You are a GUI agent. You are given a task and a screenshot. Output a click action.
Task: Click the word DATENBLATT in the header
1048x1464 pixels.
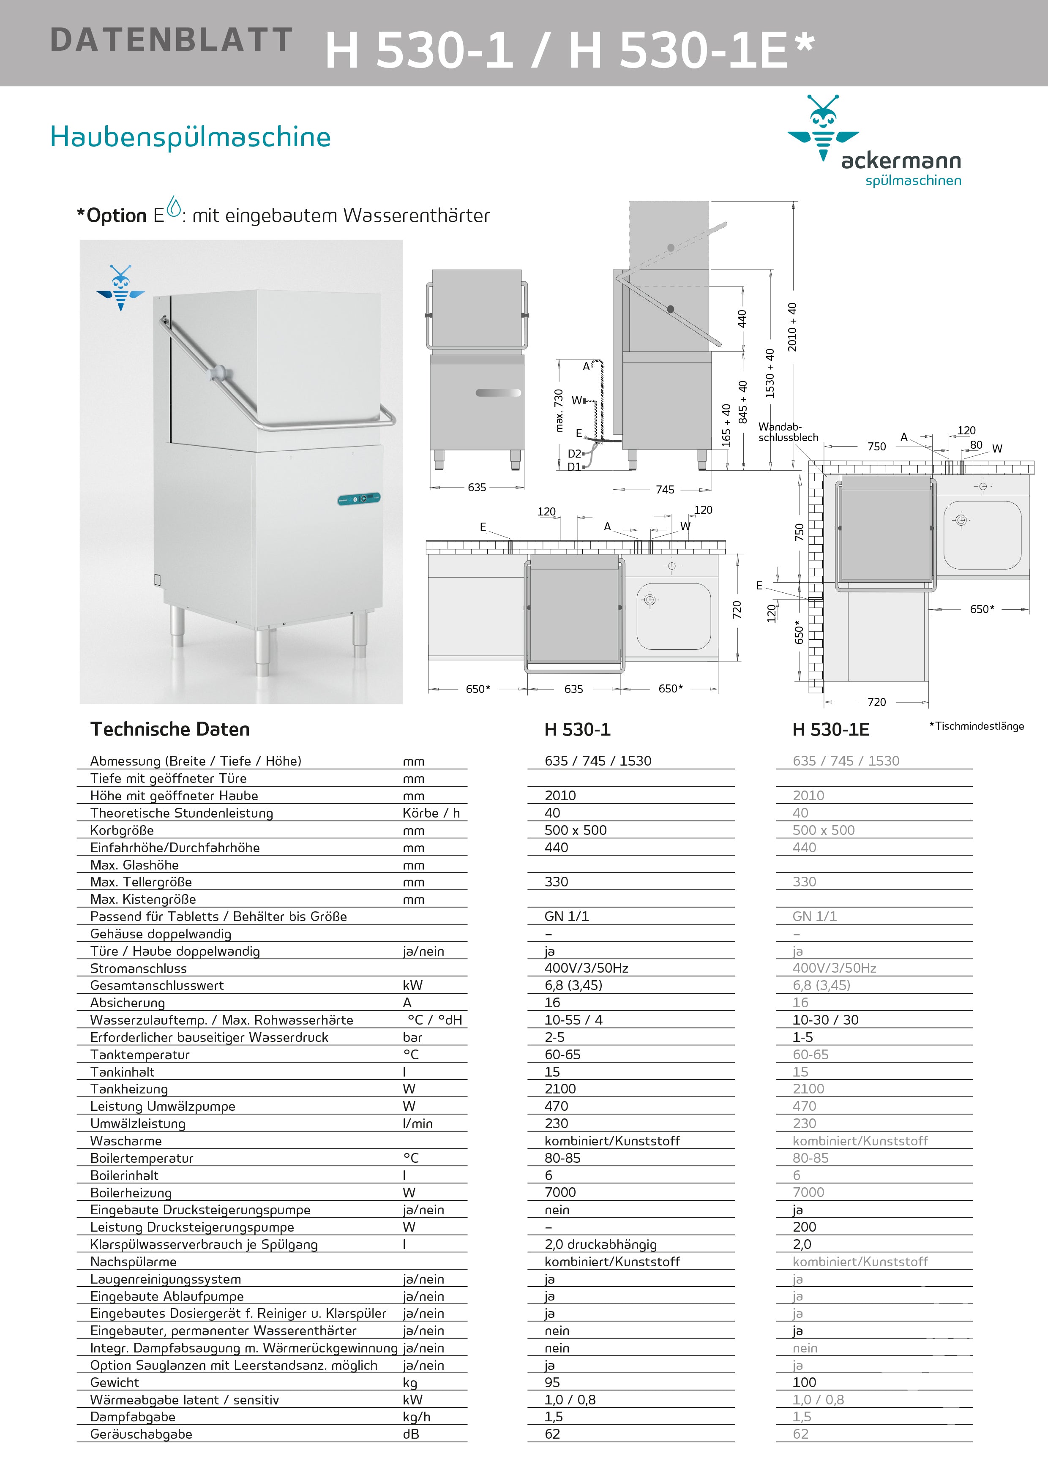point(171,40)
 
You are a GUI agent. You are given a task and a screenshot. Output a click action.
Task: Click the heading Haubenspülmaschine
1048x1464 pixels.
point(190,137)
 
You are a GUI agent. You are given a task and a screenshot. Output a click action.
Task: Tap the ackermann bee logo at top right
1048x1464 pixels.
point(823,128)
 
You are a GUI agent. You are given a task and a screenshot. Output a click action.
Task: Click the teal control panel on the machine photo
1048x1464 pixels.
point(359,498)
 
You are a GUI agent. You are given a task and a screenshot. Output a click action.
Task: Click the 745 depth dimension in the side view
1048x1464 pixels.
point(665,490)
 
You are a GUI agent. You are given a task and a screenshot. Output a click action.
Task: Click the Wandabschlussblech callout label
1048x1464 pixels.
point(788,432)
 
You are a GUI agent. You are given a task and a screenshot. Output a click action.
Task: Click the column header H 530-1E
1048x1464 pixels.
point(830,730)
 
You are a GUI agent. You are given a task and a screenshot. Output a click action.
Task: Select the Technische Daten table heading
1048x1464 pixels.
point(170,729)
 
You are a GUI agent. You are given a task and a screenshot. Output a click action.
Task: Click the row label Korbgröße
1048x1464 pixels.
point(122,830)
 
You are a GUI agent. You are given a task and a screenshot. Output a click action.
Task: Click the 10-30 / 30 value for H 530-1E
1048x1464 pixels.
point(825,1020)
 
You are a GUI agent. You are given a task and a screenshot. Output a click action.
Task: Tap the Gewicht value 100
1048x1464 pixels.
point(804,1382)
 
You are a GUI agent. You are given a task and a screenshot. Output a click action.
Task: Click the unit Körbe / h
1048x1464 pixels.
point(431,813)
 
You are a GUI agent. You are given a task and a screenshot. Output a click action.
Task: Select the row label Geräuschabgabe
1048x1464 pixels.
point(141,1434)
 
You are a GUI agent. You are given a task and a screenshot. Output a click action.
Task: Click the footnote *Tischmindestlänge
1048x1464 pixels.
point(976,726)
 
